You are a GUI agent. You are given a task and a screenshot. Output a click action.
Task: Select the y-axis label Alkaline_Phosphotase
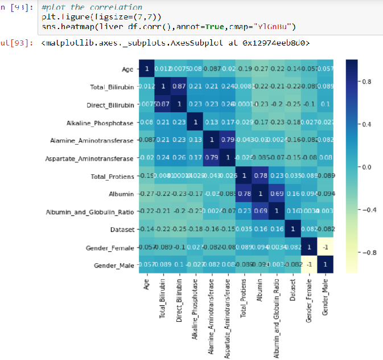coord(100,123)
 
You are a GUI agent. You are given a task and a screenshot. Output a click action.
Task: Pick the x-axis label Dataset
coord(293,291)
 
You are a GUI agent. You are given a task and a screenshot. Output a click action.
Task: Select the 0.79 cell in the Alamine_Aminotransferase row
coord(228,141)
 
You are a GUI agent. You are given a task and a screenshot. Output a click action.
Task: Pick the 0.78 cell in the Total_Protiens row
coord(260,176)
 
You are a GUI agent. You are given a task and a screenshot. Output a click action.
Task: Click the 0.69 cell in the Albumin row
coord(276,194)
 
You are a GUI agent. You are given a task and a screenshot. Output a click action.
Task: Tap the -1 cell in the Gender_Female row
coord(325,248)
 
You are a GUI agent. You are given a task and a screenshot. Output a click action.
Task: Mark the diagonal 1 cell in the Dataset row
coord(293,230)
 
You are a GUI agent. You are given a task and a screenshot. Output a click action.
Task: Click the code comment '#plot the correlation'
coord(92,7)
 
